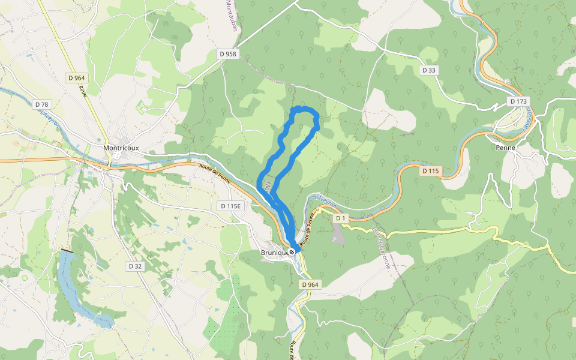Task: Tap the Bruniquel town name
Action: (x=274, y=253)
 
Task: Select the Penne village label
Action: (x=506, y=147)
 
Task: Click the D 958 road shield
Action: (x=228, y=54)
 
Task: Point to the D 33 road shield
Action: (x=428, y=70)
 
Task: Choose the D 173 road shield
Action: (x=518, y=101)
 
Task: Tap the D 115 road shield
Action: (x=430, y=171)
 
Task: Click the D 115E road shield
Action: (x=230, y=206)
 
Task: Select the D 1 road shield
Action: (x=341, y=218)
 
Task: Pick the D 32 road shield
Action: (x=134, y=265)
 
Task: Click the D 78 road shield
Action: (x=41, y=104)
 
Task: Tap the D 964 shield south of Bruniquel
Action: (x=310, y=284)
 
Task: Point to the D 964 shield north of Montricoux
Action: (x=77, y=77)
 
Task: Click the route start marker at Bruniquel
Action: (x=292, y=252)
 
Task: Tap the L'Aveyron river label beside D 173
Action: (x=528, y=121)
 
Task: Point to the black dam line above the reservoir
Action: (x=67, y=250)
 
